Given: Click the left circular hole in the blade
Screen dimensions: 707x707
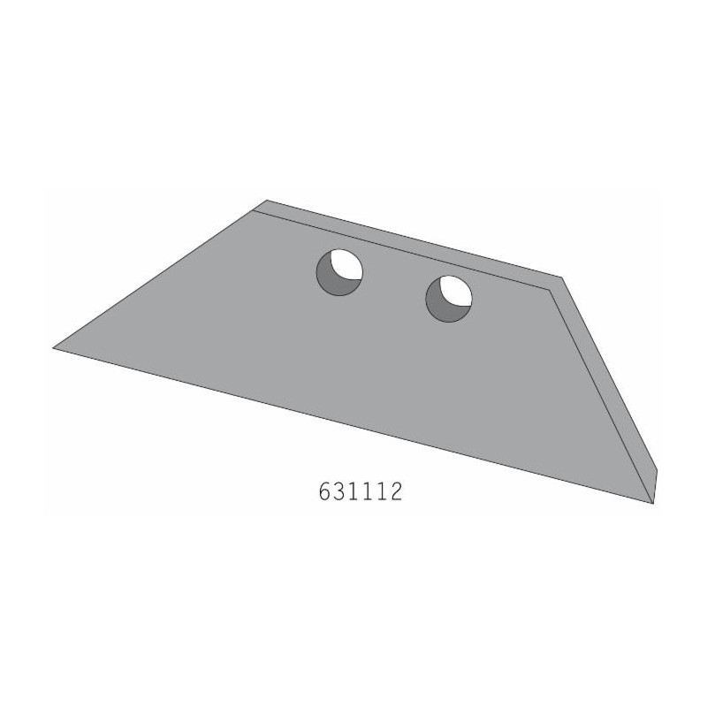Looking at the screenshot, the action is tap(339, 272).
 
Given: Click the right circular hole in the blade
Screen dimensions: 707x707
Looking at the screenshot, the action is tap(449, 299).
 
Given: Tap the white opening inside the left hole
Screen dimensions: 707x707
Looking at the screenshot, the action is tap(347, 265).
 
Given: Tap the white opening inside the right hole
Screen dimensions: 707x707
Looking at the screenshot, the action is tap(456, 292).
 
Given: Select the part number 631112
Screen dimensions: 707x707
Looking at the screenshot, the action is tap(360, 491).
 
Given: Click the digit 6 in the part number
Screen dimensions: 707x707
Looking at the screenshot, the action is tap(324, 491).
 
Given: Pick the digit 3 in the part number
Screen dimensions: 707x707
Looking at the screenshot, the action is tap(339, 491).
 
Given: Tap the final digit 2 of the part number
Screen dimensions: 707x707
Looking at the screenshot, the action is tap(395, 491).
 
